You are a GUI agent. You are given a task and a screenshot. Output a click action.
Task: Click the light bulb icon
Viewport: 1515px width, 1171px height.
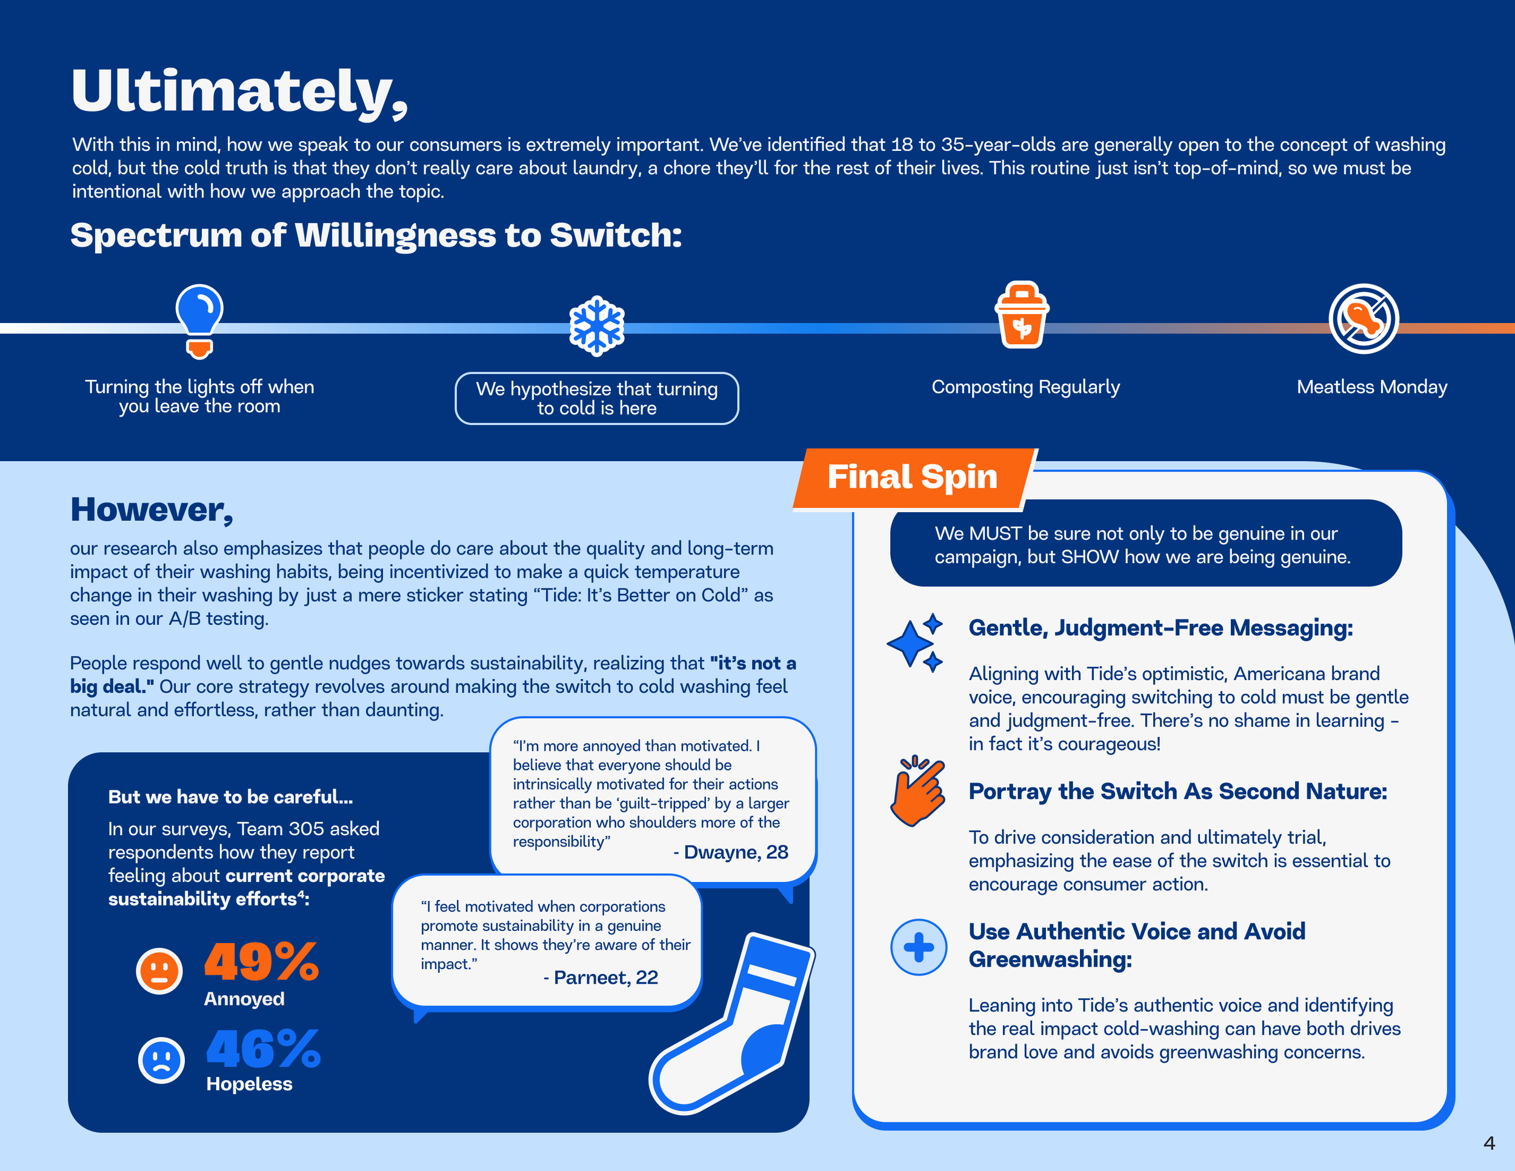pyautogui.click(x=199, y=320)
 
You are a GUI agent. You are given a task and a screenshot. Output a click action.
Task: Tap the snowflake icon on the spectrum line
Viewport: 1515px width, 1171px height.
pyautogui.click(x=596, y=326)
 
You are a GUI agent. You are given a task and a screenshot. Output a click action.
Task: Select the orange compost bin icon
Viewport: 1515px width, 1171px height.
pyautogui.click(x=1021, y=315)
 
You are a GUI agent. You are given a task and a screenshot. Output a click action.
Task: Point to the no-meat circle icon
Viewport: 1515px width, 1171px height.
pyautogui.click(x=1363, y=318)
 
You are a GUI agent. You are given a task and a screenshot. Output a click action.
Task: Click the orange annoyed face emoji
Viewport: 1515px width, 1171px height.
pyautogui.click(x=159, y=970)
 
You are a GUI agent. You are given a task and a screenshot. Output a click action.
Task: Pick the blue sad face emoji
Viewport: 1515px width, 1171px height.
pyautogui.click(x=161, y=1059)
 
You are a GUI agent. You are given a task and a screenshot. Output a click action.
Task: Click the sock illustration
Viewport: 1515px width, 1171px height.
pyautogui.click(x=735, y=1027)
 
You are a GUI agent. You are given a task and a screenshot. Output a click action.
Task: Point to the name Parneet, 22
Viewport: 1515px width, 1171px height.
pyautogui.click(x=601, y=978)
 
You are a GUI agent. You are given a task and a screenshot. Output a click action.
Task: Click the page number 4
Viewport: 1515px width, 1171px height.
pyautogui.click(x=1489, y=1143)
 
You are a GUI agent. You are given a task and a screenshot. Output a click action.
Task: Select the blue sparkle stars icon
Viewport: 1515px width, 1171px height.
pyautogui.click(x=916, y=642)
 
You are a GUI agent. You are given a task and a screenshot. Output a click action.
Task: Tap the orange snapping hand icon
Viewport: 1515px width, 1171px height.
pyautogui.click(x=917, y=791)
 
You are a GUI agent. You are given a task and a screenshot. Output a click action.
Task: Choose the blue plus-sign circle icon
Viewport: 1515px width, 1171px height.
pyautogui.click(x=919, y=947)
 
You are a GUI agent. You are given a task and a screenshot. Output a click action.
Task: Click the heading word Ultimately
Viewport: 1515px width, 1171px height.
pyautogui.click(x=239, y=92)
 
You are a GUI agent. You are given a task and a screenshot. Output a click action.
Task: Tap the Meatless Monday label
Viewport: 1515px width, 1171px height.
pyautogui.click(x=1371, y=387)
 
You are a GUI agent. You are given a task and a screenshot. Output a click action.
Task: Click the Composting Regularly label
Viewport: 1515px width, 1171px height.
pyautogui.click(x=1025, y=387)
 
